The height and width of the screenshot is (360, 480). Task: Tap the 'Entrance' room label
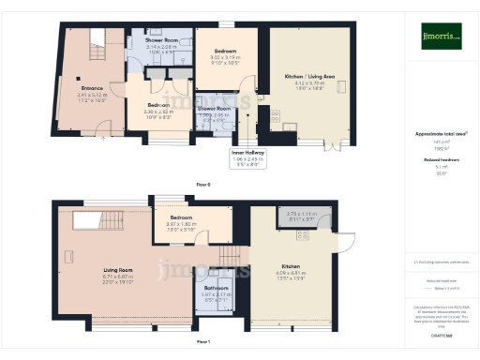[90, 88]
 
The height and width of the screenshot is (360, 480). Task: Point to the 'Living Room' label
[118, 269]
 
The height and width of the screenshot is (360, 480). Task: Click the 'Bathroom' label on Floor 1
[217, 287]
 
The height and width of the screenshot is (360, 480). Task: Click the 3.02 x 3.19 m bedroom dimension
[224, 57]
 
